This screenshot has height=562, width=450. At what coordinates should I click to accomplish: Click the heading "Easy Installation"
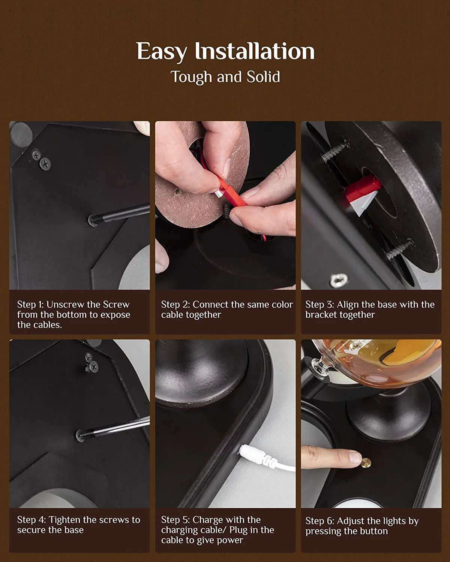pos(225,51)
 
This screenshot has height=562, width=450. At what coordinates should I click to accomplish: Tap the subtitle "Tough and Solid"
pos(225,77)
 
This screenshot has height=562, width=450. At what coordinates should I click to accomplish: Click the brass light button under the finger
pos(366,463)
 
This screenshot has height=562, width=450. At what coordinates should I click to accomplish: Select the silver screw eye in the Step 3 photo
pos(338,280)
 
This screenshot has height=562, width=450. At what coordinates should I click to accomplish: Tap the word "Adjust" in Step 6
pos(350,521)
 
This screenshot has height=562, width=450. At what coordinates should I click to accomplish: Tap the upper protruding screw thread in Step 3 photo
pos(335,151)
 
